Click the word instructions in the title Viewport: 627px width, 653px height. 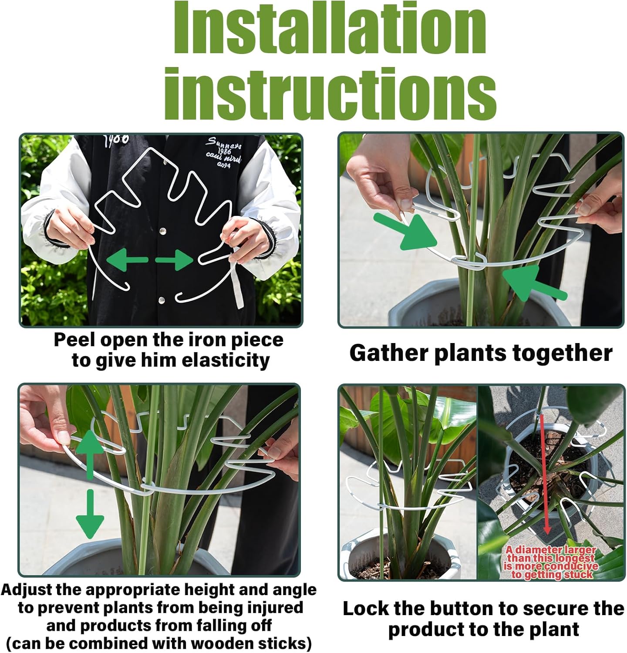point(330,94)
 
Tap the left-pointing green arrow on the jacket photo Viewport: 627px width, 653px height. point(126,260)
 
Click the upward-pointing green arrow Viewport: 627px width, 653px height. point(90,453)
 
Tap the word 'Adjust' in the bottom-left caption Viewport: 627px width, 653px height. point(30,590)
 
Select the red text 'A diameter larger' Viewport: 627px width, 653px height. point(550,550)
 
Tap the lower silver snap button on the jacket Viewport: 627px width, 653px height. point(162,299)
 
